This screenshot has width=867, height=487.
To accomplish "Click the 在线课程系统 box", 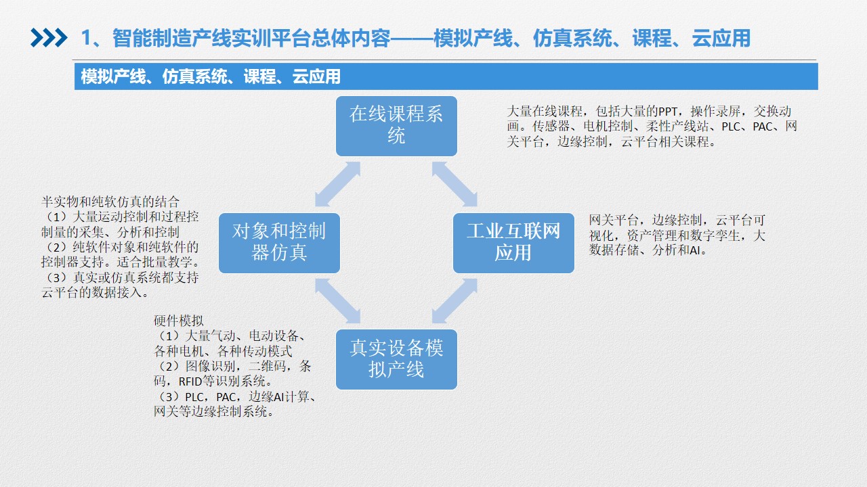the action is click(x=396, y=126).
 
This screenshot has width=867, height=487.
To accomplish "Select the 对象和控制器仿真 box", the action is click(x=279, y=243).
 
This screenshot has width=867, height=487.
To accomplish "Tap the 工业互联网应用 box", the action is click(x=513, y=243).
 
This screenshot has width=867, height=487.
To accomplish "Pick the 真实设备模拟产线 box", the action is click(x=396, y=359).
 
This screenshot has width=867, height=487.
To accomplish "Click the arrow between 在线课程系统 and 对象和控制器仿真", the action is click(x=337, y=185).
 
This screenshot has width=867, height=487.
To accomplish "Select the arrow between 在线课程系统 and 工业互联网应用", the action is click(x=454, y=185).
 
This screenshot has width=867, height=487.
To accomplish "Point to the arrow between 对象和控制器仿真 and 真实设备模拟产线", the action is click(x=337, y=301).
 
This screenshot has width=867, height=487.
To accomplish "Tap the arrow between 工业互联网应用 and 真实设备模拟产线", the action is click(x=454, y=301).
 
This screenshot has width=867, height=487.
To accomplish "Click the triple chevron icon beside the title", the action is click(x=49, y=38).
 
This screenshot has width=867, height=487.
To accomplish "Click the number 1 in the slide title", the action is click(x=86, y=39).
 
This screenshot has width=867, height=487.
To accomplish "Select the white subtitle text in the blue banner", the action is click(x=211, y=76).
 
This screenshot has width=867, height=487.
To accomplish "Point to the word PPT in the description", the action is click(x=668, y=112).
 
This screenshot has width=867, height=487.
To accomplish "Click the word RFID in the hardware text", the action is click(x=190, y=382).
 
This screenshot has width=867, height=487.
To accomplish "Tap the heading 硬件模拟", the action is click(x=178, y=321).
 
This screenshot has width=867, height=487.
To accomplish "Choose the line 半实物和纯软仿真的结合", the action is click(x=110, y=202).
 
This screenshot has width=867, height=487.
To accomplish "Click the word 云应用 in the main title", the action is click(x=721, y=39).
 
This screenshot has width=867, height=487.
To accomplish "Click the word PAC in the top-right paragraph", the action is click(x=762, y=126).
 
